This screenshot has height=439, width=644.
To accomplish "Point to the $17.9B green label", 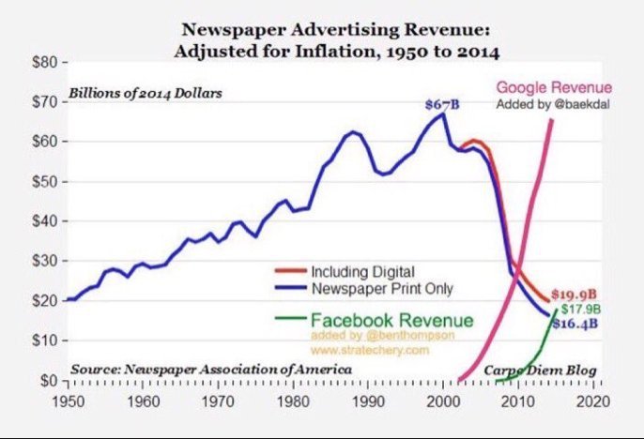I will pos(580,309).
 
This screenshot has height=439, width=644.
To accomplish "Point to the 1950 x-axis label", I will pos(66,401).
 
